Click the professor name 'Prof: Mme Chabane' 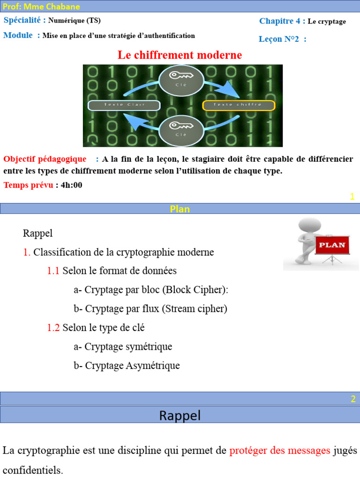pos(42,7)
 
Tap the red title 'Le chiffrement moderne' pos(180,55)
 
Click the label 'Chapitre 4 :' pos(282,21)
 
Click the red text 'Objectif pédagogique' pos(45,159)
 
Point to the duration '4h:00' pos(71,185)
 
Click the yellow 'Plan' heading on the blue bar pos(180,209)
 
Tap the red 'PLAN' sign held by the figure pos(332,245)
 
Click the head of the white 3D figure pos(309,226)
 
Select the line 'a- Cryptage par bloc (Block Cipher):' pos(151,290)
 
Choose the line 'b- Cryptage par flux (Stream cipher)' pos(150,309)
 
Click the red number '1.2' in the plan pos(53,328)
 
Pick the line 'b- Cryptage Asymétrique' pos(127,366)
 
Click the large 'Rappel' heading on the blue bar pos(180,415)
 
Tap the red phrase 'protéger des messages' pos(280,451)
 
